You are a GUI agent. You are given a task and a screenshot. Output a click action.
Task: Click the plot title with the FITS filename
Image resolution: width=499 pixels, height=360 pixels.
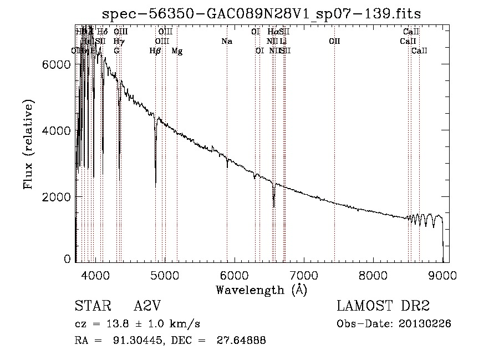click(x=266, y=13)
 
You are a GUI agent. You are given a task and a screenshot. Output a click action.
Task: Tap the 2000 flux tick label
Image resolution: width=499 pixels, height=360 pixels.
click(x=57, y=197)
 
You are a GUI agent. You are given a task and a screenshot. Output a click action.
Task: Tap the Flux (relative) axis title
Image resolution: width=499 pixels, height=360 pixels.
click(x=28, y=145)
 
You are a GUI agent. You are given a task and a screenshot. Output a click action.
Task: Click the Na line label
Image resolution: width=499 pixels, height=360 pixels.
click(x=226, y=42)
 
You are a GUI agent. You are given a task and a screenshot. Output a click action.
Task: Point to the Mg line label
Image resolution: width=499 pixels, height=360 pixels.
click(x=177, y=51)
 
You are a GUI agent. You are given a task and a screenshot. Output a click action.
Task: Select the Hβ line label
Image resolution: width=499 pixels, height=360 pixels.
click(x=155, y=51)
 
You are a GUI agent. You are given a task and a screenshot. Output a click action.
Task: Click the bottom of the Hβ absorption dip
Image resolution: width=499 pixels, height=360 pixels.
click(x=156, y=183)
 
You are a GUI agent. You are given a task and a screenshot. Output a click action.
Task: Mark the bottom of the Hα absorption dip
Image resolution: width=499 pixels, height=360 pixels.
click(x=273, y=206)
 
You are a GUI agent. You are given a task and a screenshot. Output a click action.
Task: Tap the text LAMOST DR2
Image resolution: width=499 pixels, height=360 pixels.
click(x=383, y=306)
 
